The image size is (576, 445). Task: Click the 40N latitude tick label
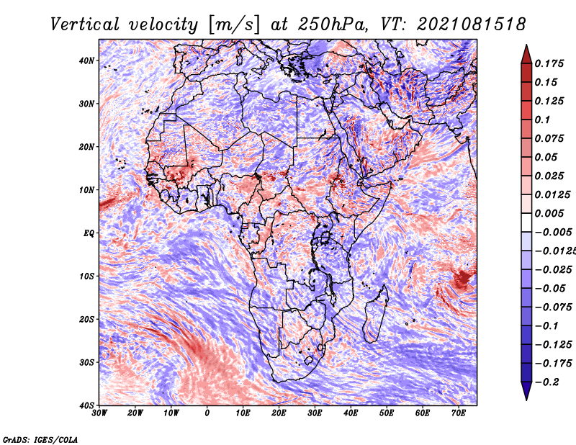click(86, 60)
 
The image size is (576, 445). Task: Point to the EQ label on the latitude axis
click(89, 233)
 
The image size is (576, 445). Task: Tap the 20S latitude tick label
click(86, 319)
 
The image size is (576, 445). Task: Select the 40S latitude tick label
click(86, 405)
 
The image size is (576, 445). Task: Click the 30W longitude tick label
click(99, 413)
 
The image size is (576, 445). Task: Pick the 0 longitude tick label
click(207, 413)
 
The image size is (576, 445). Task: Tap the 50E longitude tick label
click(387, 413)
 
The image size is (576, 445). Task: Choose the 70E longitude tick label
click(458, 413)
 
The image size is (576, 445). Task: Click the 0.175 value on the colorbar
click(549, 63)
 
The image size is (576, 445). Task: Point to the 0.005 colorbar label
click(549, 213)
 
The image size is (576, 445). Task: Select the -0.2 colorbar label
click(547, 382)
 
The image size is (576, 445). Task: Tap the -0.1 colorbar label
click(547, 325)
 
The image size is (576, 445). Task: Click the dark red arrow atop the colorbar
click(526, 55)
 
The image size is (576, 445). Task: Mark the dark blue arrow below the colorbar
click(526, 390)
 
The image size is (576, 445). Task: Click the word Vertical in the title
click(85, 24)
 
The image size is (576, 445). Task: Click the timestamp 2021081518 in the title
click(472, 24)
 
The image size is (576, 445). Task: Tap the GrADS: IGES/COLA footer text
click(40, 439)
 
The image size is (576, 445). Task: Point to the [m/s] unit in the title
click(233, 25)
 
